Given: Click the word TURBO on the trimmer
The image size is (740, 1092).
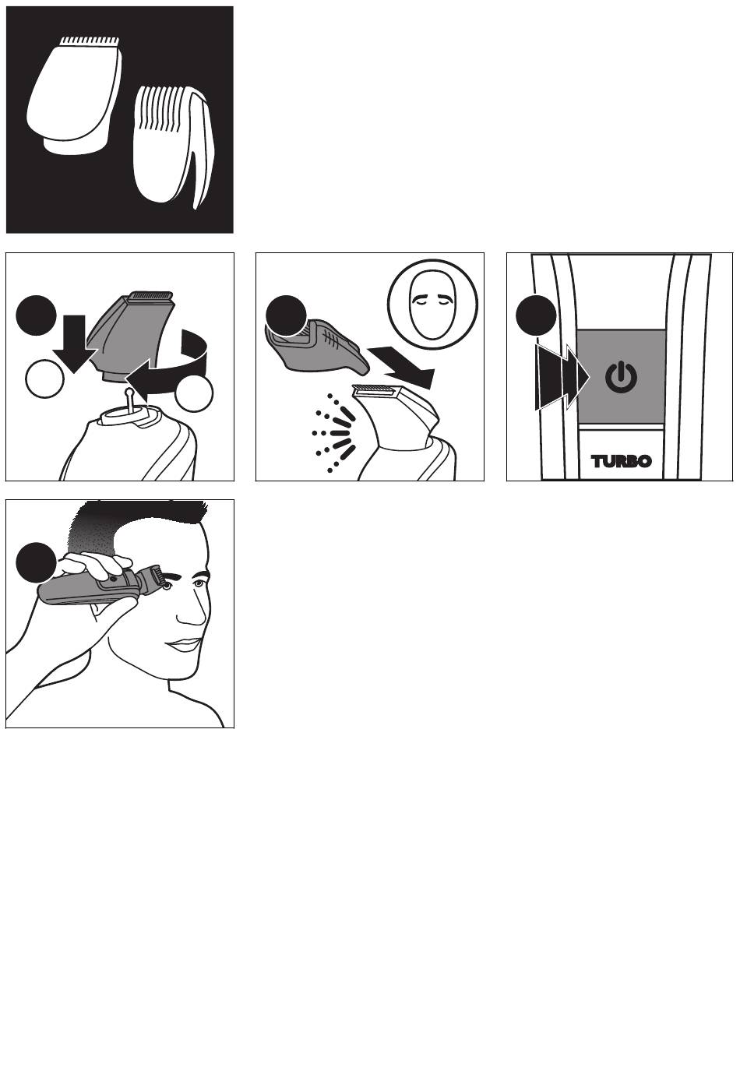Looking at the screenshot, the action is [x=621, y=461].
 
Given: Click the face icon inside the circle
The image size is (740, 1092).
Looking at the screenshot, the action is [x=432, y=305].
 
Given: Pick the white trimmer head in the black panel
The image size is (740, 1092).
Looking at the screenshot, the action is [x=74, y=94].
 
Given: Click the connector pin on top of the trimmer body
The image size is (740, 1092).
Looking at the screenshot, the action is [x=129, y=400].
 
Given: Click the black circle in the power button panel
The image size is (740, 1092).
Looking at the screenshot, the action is [x=536, y=315].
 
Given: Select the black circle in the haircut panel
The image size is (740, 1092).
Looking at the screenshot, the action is [x=36, y=562].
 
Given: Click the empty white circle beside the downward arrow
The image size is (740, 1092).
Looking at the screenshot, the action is [x=44, y=379].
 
